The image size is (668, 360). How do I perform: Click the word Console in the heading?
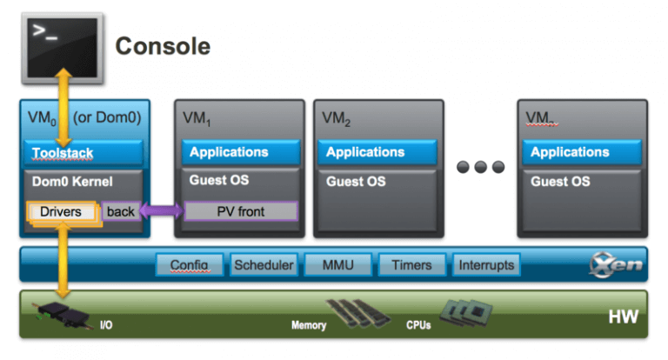[x=163, y=45]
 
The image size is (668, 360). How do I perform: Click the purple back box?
[x=120, y=211]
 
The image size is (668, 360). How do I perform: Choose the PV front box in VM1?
[x=240, y=211]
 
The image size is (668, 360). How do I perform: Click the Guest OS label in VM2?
[x=357, y=182]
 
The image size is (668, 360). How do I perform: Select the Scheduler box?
[x=264, y=264]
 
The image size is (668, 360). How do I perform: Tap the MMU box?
[x=337, y=264]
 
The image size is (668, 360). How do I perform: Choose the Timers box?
[x=411, y=264]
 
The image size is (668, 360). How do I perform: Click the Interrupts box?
[x=486, y=264]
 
